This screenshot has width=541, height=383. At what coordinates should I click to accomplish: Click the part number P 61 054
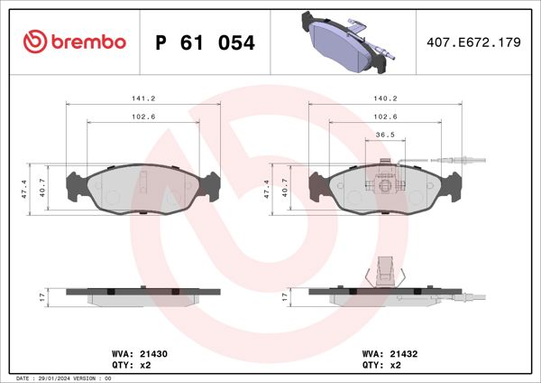coord(206,42)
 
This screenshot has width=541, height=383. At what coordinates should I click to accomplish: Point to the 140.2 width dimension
coord(387,99)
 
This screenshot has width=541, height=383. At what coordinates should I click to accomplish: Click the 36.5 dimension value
coord(386,135)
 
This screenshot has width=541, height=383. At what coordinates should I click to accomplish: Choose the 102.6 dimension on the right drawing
coord(387,117)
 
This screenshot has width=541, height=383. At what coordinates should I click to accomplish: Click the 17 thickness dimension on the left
coord(41,295)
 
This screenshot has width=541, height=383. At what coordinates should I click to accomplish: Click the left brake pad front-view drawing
coord(144,188)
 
